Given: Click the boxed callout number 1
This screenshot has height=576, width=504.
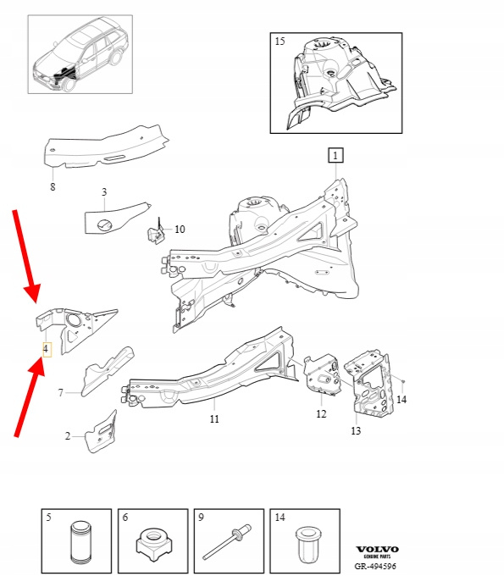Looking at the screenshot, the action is point(335,155).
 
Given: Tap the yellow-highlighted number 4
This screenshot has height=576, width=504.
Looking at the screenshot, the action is point(46,349).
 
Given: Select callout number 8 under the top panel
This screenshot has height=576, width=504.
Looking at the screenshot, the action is point(53,186).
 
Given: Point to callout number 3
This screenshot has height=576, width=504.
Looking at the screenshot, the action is point(104,191).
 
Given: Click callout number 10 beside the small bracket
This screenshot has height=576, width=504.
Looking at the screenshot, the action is point(180,230).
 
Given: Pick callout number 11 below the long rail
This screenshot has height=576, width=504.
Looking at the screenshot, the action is point(214,418).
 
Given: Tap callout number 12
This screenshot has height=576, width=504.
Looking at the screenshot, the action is point(321,414).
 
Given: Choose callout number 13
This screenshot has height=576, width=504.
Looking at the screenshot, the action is point(356,430).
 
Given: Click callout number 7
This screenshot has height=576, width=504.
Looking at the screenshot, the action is point(61,393).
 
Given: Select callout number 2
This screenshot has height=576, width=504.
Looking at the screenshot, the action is point(68,436).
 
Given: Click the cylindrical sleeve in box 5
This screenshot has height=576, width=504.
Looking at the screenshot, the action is point(80,542).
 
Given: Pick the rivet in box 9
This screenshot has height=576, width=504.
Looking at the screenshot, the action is point(227,540).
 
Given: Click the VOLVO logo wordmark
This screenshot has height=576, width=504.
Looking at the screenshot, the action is point(377,550).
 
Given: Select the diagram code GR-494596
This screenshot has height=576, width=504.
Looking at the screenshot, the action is point(375,566).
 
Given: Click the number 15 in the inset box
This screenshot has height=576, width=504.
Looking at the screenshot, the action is point(280,42).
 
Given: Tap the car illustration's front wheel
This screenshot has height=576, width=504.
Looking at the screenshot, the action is point(69,84).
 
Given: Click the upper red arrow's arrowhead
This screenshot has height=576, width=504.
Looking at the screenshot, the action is point(32,292).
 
